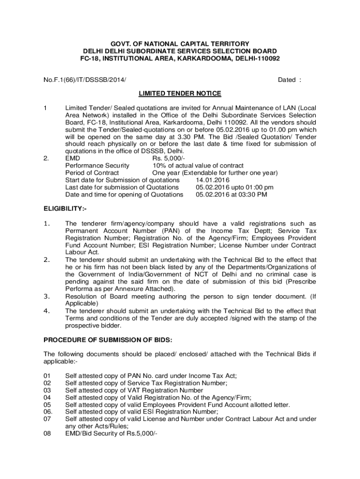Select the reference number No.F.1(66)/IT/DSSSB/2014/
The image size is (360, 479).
coord(85,80)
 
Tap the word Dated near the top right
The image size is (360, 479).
coord(287,80)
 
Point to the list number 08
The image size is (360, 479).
coord(47,433)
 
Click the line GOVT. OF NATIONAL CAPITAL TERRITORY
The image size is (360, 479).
coord(180,43)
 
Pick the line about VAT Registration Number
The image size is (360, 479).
coord(134,390)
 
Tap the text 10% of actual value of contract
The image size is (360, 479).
coord(198,166)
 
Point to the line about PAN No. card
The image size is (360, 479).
coord(151,376)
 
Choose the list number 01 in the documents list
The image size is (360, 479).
coord(47,376)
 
